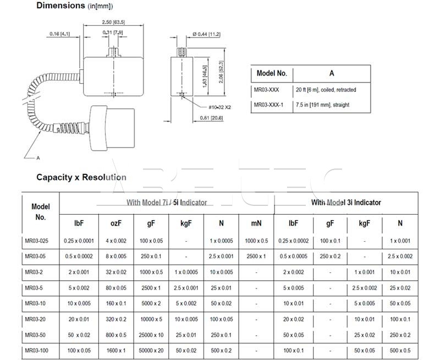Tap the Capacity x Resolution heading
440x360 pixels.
coord(81,177)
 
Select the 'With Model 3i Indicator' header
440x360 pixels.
coord(345,203)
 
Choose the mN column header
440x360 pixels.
coord(256,223)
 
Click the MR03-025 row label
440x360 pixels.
coord(37,241)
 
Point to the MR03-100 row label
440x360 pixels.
coord(37,351)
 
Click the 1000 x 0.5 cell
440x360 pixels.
coord(256,241)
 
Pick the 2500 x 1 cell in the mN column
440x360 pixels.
coord(256,257)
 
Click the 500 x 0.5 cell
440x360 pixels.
coord(399,351)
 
